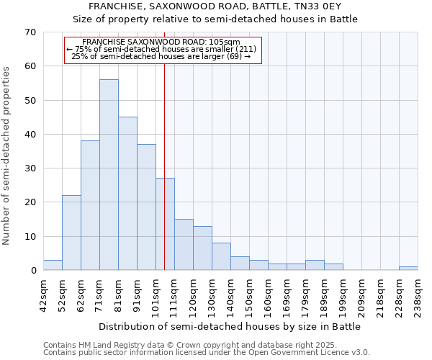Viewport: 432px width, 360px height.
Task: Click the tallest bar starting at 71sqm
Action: click(x=109, y=175)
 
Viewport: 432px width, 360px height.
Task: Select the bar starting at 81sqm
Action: click(x=127, y=194)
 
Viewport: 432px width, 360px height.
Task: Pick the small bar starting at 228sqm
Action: click(x=408, y=268)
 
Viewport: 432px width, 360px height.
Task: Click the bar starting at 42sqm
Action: click(x=53, y=265)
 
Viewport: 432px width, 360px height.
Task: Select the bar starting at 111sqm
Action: click(x=184, y=245)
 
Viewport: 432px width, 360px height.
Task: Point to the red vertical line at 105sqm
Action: click(x=165, y=180)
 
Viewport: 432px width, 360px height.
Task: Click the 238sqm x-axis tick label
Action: click(x=418, y=297)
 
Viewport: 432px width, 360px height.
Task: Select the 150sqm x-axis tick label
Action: click(x=249, y=297)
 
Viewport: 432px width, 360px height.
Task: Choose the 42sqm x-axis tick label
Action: click(x=43, y=297)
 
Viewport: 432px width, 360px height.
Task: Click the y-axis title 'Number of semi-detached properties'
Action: click(x=6, y=156)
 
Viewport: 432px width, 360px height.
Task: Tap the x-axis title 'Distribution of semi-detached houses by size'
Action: click(x=229, y=326)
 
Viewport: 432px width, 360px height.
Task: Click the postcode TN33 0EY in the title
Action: click(x=324, y=6)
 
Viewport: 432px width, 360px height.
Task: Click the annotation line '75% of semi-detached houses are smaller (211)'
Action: click(x=162, y=49)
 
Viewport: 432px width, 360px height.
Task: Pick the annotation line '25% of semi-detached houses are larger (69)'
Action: click(x=162, y=56)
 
